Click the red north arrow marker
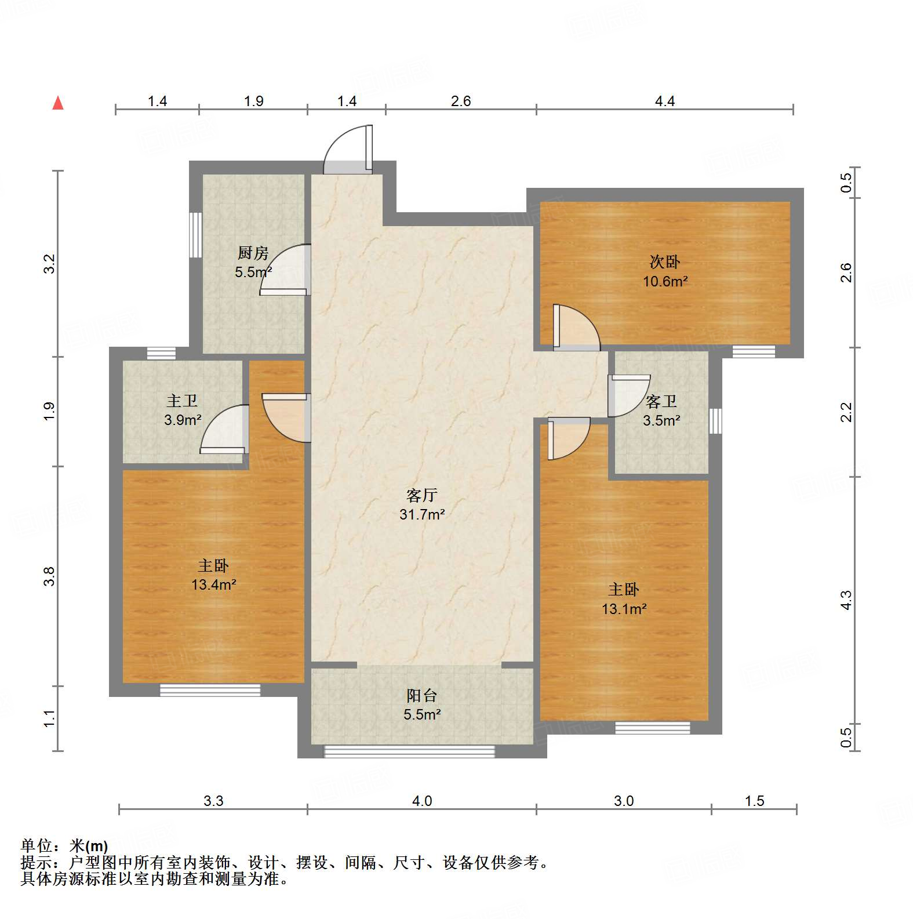coord(58,103)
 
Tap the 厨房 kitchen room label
coord(253,253)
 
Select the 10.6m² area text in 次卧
coord(665,281)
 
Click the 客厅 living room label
coord(421,495)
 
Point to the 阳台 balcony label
coord(421,695)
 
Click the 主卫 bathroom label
coord(182,400)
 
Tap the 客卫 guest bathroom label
coord(661,401)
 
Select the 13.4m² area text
coord(213,584)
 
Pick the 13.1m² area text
coord(624,609)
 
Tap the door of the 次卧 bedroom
coord(575,328)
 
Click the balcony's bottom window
coord(409,751)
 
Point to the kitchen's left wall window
coord(196,235)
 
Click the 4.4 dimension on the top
coord(664,101)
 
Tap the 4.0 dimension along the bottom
coord(421,801)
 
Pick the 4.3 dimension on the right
coord(846,600)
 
